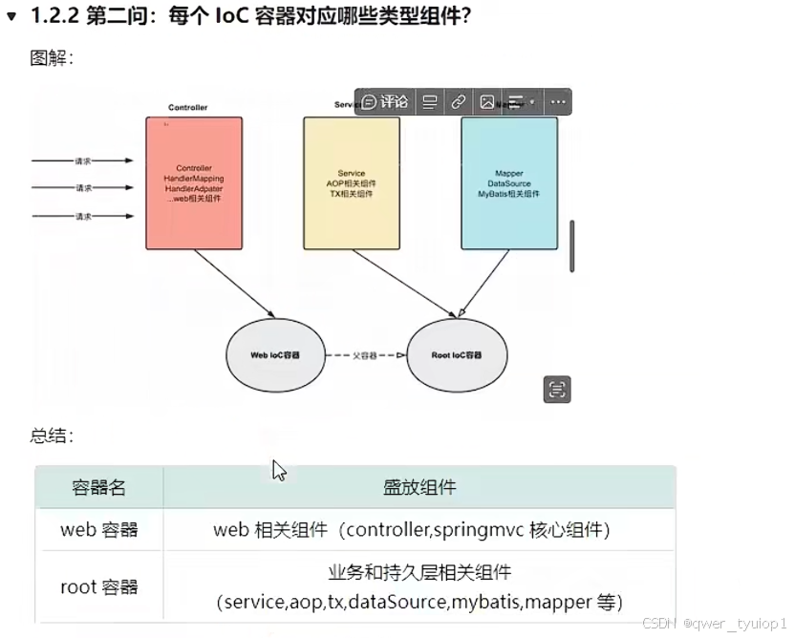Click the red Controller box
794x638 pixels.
point(194,182)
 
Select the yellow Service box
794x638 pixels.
point(351,182)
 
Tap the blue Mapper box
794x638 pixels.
point(508,182)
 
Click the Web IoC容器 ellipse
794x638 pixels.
point(274,355)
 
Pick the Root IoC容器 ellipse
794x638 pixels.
point(456,355)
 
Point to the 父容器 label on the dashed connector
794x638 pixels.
point(364,355)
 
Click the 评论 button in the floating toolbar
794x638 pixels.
point(385,101)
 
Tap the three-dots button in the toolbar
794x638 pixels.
point(558,101)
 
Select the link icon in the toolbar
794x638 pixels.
point(459,101)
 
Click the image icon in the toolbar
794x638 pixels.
point(487,101)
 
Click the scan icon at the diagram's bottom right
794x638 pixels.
point(557,389)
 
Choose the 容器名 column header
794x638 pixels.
point(99,487)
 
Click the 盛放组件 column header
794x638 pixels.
point(419,487)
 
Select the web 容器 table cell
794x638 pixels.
point(99,529)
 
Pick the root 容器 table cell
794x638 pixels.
point(99,587)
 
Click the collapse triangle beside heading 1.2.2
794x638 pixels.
point(11,16)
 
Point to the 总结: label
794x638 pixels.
point(52,436)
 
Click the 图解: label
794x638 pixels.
point(52,58)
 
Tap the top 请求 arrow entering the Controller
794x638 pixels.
point(83,160)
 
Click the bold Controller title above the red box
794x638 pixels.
point(187,108)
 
